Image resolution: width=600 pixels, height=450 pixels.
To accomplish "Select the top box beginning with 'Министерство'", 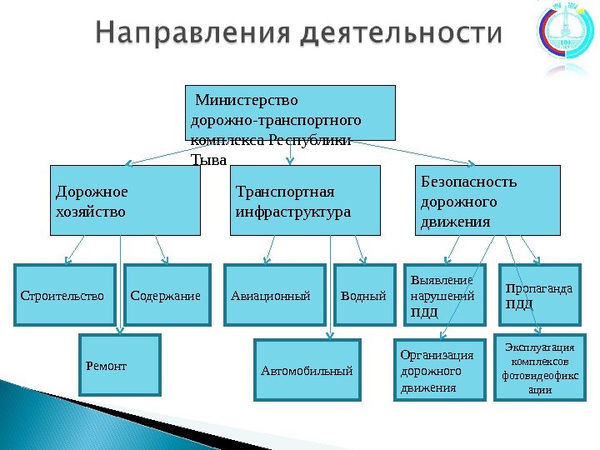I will tap(289, 112).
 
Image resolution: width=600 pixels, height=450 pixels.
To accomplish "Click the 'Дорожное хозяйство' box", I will tap(126, 199).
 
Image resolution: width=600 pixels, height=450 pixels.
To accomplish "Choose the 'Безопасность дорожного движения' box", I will tap(487, 199).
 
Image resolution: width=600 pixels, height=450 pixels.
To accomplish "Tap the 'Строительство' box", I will tap(66, 294).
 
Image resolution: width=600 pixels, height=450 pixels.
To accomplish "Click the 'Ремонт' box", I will tap(119, 364).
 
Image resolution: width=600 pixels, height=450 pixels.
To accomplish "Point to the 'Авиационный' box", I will tap(274, 294).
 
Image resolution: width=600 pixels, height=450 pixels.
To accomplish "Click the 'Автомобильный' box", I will tap(307, 369).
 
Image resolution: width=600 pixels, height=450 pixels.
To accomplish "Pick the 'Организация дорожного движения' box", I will tap(438, 369).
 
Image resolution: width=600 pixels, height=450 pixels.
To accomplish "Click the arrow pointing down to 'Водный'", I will tap(361, 249).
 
